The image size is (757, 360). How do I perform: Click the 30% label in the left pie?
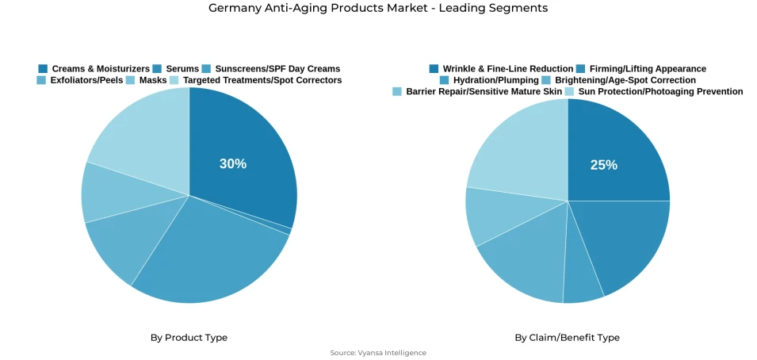[233, 163]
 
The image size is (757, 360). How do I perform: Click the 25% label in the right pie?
[603, 165]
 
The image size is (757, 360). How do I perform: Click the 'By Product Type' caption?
[189, 338]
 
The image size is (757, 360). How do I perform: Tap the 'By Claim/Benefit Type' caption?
[567, 338]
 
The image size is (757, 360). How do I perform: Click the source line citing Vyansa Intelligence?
[378, 353]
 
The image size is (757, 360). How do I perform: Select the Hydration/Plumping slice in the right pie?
[583, 289]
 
